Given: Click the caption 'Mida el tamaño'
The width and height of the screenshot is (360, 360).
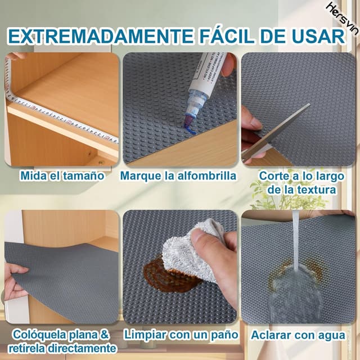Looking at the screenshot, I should point(62,175).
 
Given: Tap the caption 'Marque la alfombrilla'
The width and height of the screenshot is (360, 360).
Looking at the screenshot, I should point(178,175).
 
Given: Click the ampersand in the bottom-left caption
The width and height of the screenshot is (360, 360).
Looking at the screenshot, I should point(105,335).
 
